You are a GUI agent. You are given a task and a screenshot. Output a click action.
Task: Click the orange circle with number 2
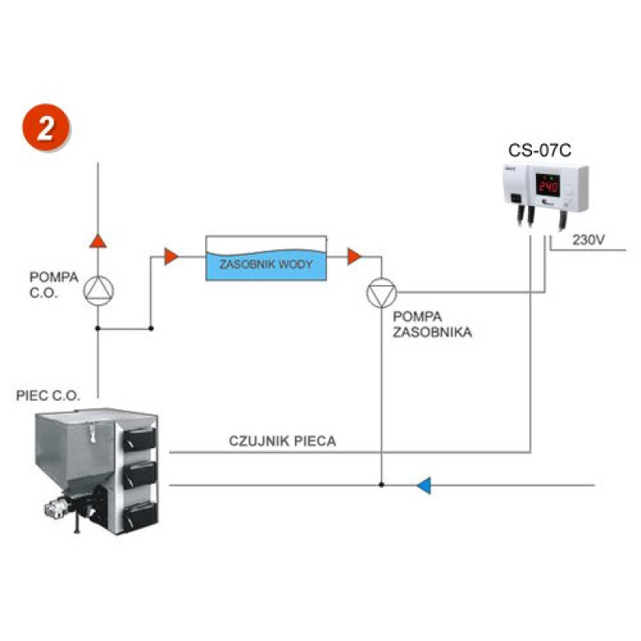(x=47, y=129)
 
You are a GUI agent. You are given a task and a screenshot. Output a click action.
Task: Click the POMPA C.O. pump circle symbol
(x=98, y=290)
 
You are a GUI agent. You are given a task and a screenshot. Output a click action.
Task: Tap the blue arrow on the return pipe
(x=425, y=485)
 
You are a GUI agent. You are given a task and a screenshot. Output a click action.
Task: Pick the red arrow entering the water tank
(x=170, y=256)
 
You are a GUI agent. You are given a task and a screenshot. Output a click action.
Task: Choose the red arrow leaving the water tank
(x=353, y=256)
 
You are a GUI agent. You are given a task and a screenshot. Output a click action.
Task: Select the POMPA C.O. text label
(x=54, y=284)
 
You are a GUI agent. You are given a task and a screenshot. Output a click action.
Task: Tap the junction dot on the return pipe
(x=381, y=485)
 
